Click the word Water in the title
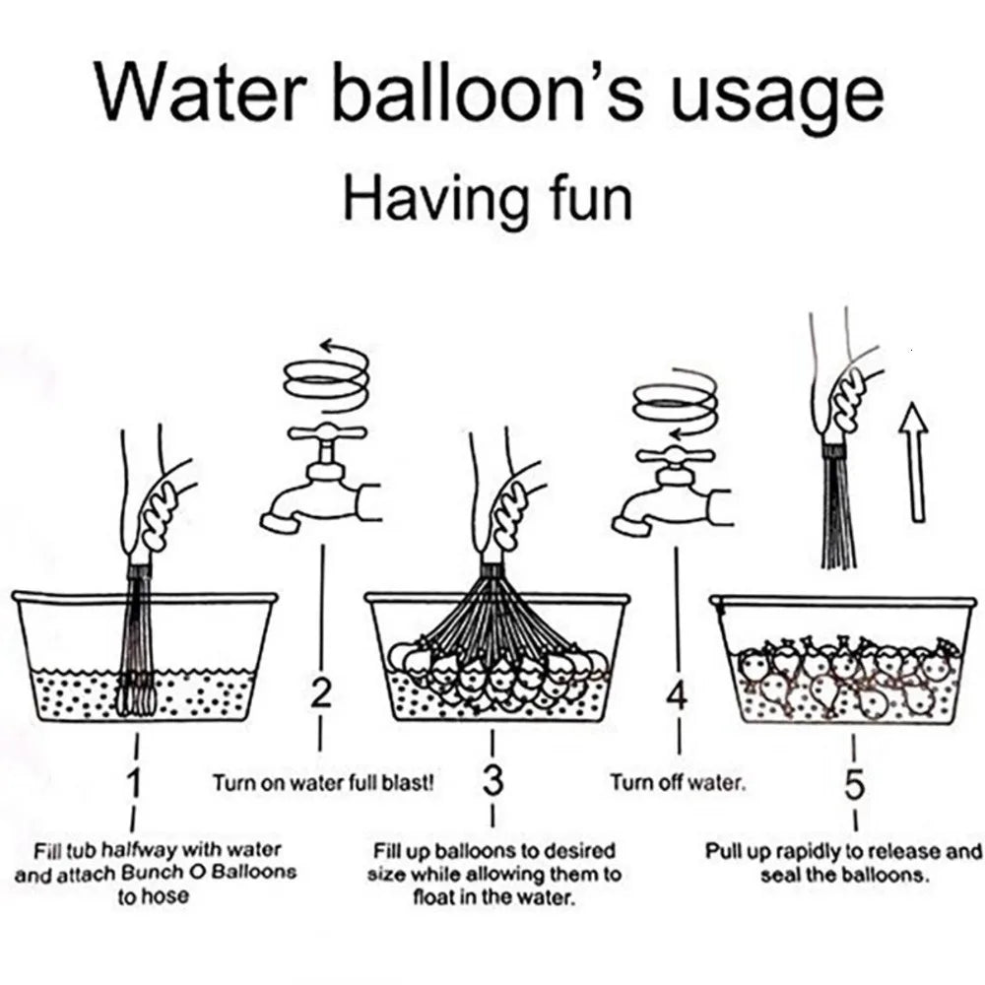click(201, 92)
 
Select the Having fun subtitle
click(488, 200)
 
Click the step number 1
click(134, 783)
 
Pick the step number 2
click(320, 692)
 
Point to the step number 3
click(493, 780)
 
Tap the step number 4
click(678, 696)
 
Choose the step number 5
click(854, 784)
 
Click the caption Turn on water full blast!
click(323, 783)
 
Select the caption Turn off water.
click(678, 783)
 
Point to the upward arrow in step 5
click(914, 462)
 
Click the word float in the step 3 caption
click(433, 897)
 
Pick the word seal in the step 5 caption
click(779, 875)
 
